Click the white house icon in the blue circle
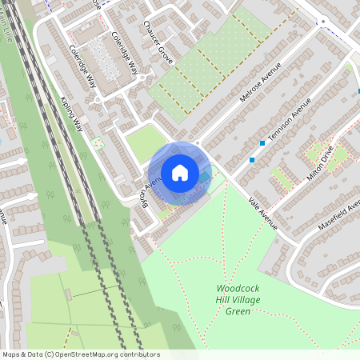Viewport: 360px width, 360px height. [x=180, y=172]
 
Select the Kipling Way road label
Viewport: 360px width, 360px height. [x=72, y=114]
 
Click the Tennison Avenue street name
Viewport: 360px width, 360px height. [x=289, y=122]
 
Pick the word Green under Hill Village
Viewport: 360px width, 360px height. [x=238, y=311]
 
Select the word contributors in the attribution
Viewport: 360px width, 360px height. [x=136, y=354]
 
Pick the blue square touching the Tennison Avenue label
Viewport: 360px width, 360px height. [x=262, y=142]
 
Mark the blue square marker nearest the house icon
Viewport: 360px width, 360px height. [x=252, y=160]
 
